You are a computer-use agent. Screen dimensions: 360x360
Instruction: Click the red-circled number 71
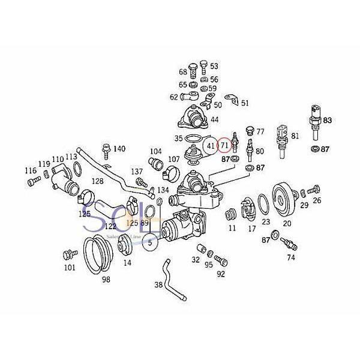[x=224, y=145]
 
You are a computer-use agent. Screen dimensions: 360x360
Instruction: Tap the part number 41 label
[x=211, y=145]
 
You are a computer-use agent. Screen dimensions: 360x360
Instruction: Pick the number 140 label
[x=119, y=149]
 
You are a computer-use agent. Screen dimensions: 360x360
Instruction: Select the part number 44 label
[x=214, y=119]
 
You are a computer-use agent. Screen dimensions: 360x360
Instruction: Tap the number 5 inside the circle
[x=151, y=242]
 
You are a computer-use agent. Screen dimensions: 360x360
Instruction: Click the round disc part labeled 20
[x=283, y=199]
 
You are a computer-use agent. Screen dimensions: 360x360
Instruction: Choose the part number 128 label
[x=98, y=181]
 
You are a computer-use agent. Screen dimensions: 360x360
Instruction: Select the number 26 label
[x=317, y=200]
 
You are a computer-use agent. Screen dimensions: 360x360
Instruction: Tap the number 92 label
[x=221, y=274]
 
